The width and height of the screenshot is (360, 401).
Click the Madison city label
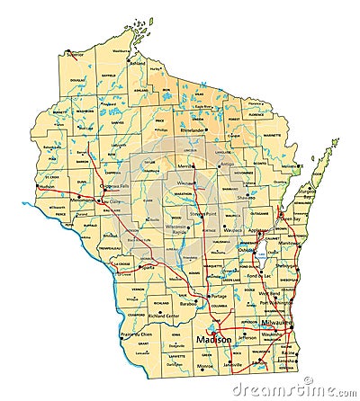213,339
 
